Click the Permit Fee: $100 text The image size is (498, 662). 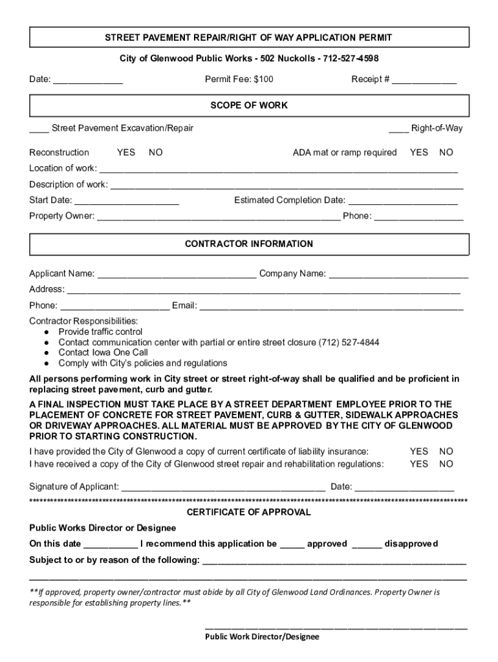tap(239, 80)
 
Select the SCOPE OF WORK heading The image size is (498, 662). tap(249, 105)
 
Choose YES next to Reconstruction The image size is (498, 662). tap(126, 153)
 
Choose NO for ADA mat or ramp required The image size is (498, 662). tap(446, 153)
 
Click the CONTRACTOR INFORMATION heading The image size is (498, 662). tap(249, 244)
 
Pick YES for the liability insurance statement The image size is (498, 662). tap(419, 451)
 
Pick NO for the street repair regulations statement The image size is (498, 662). tap(446, 464)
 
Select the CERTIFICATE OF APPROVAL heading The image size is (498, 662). tap(249, 512)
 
